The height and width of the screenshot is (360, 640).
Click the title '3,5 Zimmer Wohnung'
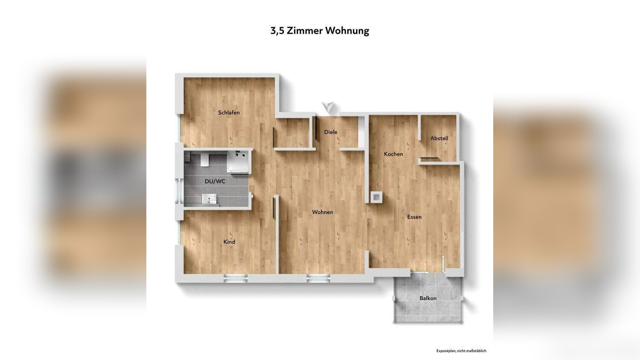320,31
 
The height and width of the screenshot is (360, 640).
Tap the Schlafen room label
229,113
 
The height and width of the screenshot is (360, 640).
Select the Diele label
331,132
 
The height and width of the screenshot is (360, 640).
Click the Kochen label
393,154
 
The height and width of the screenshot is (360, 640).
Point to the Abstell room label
439,138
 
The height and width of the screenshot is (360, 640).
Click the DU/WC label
215,181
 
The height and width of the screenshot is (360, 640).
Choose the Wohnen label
322,212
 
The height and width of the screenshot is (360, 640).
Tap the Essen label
414,217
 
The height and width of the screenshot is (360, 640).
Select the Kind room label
229,242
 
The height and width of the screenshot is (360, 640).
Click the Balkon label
428,298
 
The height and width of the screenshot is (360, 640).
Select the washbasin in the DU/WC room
210,199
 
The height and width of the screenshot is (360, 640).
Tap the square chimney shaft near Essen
376,197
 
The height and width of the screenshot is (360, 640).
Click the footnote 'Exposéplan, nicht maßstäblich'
461,351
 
